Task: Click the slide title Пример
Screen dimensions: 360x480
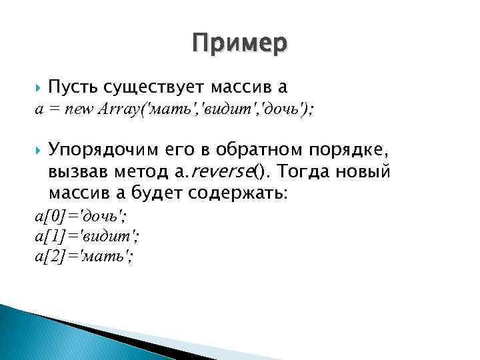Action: click(239, 43)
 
